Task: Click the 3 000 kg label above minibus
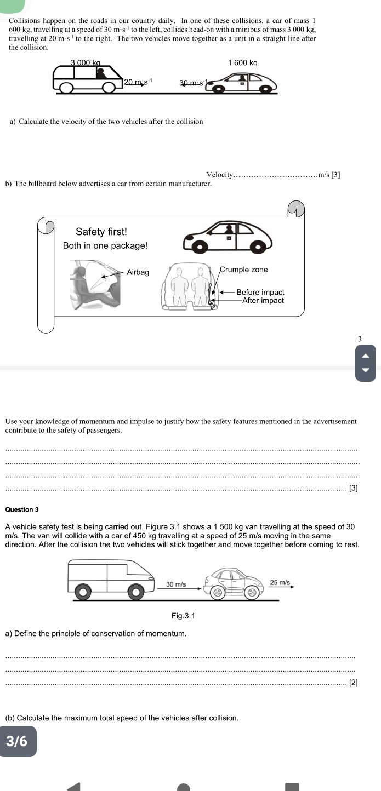(x=86, y=63)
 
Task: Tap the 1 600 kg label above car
(x=242, y=63)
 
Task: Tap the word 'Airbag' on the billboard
(x=138, y=272)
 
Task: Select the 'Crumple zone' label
(x=243, y=270)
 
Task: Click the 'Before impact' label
(x=260, y=293)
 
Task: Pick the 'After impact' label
(x=263, y=301)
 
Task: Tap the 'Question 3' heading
(x=21, y=509)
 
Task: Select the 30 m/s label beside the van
(x=176, y=584)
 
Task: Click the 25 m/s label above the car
(x=280, y=582)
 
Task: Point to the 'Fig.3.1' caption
(x=183, y=616)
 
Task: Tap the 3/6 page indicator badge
(x=18, y=741)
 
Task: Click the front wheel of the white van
(x=135, y=592)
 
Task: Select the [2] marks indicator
(x=353, y=683)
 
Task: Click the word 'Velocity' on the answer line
(x=219, y=175)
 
